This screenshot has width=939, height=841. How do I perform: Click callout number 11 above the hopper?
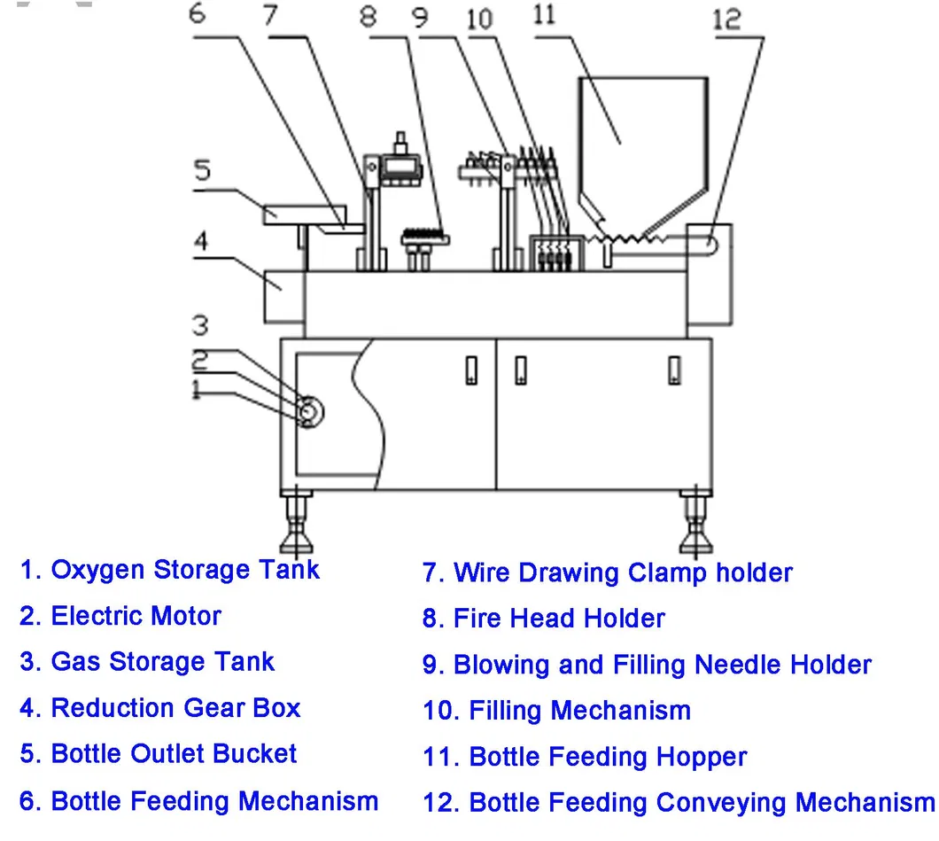tap(545, 16)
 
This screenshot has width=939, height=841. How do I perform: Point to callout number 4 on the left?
tap(201, 241)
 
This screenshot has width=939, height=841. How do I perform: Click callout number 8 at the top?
tap(369, 16)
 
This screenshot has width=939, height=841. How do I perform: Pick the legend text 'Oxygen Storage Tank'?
tap(184, 570)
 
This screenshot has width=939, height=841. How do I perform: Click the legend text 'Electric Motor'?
tap(136, 616)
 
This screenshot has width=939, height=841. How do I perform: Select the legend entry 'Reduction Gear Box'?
tap(175, 708)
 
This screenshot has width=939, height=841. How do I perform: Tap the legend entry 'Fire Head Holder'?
tap(558, 619)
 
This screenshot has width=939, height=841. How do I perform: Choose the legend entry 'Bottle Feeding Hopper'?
tap(607, 757)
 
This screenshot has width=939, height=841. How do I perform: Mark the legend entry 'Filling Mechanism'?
tap(578, 711)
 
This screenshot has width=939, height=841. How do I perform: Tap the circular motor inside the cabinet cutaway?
tap(309, 410)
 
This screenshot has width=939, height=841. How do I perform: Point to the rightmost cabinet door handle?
tap(675, 370)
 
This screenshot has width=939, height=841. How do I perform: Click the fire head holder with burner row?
tap(425, 237)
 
